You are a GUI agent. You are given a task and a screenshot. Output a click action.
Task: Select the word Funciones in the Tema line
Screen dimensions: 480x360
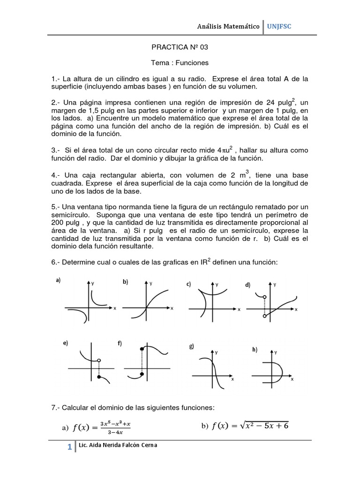(193, 62)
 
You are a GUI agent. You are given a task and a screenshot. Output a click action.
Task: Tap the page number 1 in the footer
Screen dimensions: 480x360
(69, 448)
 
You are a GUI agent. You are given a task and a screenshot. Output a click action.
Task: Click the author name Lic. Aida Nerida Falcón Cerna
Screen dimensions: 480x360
(119, 445)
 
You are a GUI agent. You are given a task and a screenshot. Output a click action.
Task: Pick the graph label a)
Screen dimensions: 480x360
(59, 280)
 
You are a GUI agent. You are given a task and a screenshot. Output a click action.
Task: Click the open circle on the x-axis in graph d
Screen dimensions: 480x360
(265, 316)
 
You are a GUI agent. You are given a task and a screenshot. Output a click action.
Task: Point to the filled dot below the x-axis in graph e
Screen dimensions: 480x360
(98, 377)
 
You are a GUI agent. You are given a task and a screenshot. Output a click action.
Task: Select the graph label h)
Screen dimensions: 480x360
(255, 350)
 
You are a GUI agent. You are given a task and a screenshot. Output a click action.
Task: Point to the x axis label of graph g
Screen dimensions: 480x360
(232, 379)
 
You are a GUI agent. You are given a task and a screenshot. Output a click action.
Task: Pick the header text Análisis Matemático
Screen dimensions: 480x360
(228, 27)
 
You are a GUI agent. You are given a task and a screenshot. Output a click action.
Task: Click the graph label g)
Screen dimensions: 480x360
(192, 346)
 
